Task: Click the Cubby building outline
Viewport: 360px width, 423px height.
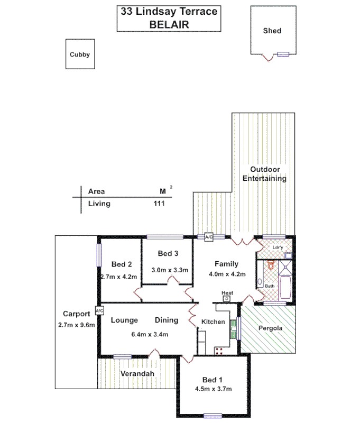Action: (x=80, y=54)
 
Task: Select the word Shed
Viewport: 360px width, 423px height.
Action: (x=272, y=31)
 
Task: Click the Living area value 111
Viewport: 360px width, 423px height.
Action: (x=158, y=204)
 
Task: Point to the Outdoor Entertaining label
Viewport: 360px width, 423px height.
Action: (x=264, y=174)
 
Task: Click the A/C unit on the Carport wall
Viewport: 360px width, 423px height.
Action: (x=99, y=310)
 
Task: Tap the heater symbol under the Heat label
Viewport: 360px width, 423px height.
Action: (x=227, y=299)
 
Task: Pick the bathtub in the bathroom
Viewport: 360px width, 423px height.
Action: (x=287, y=288)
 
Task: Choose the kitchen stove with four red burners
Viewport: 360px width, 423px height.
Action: (x=218, y=351)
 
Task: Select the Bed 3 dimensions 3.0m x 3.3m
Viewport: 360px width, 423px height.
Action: (x=170, y=270)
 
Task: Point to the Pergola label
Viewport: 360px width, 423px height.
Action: (x=270, y=328)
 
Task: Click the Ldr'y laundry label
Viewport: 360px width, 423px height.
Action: (x=276, y=247)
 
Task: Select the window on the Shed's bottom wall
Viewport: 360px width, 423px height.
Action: (x=284, y=54)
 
